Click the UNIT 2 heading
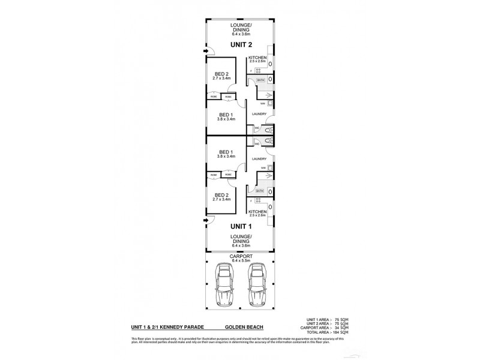coord(241,45)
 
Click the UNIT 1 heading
coord(241,227)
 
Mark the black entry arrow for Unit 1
coord(206,221)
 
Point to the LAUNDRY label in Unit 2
coord(260,113)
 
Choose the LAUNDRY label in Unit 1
coord(260,158)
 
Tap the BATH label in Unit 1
coord(260,191)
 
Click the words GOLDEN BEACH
coord(241,328)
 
